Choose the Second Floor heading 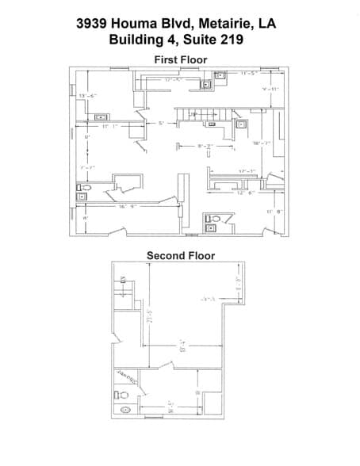click(x=180, y=255)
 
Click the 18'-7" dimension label click(x=262, y=143)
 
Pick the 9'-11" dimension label click(x=272, y=90)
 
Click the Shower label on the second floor click(x=126, y=377)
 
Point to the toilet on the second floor click(x=123, y=393)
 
